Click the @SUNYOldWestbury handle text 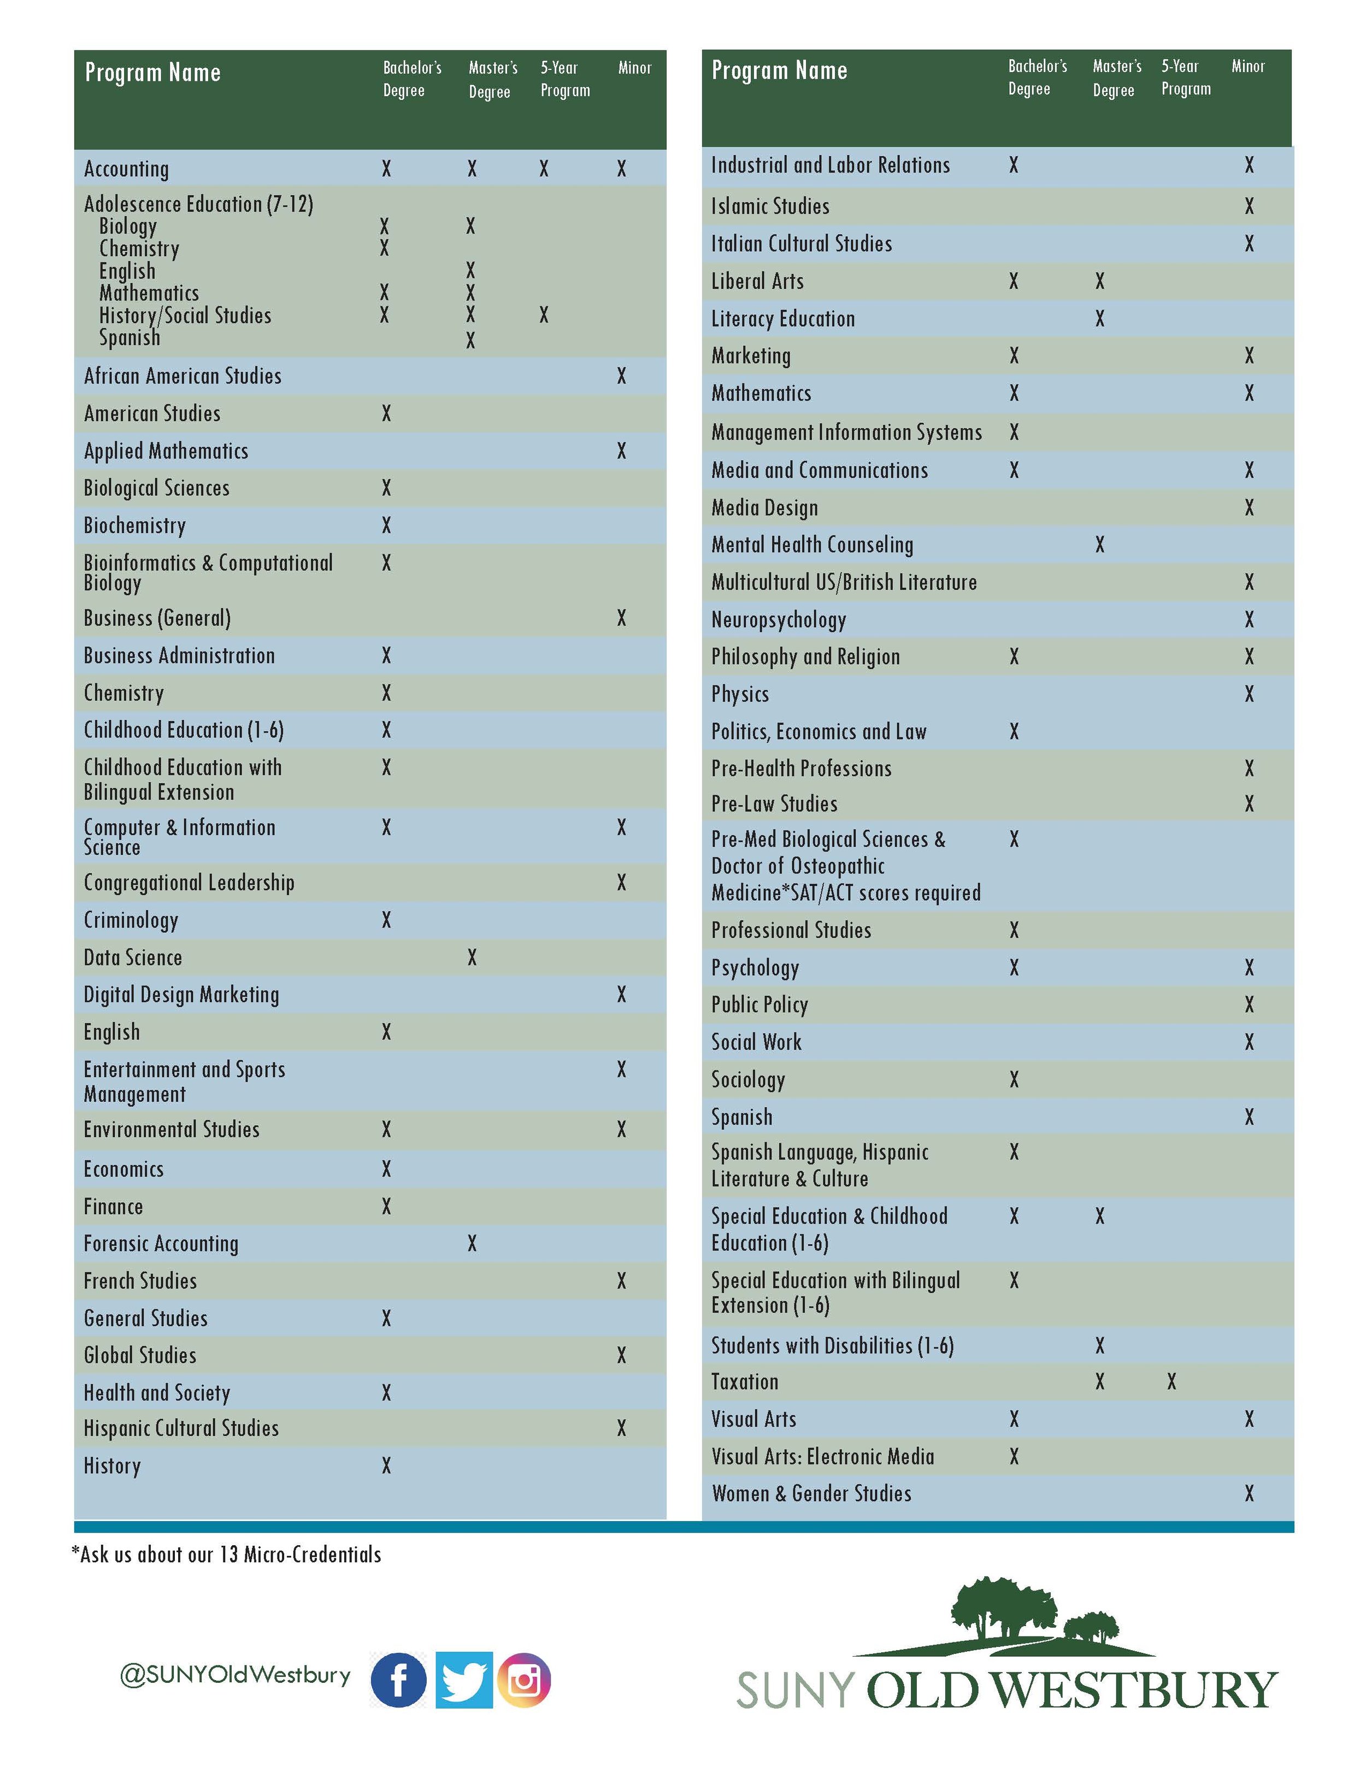(235, 1674)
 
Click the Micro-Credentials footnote (227, 1554)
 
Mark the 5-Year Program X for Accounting (544, 168)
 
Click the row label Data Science (133, 957)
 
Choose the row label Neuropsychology (779, 620)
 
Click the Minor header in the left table (634, 68)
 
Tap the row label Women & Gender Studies (811, 1493)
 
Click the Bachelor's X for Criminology (386, 920)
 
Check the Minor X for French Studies (621, 1281)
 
